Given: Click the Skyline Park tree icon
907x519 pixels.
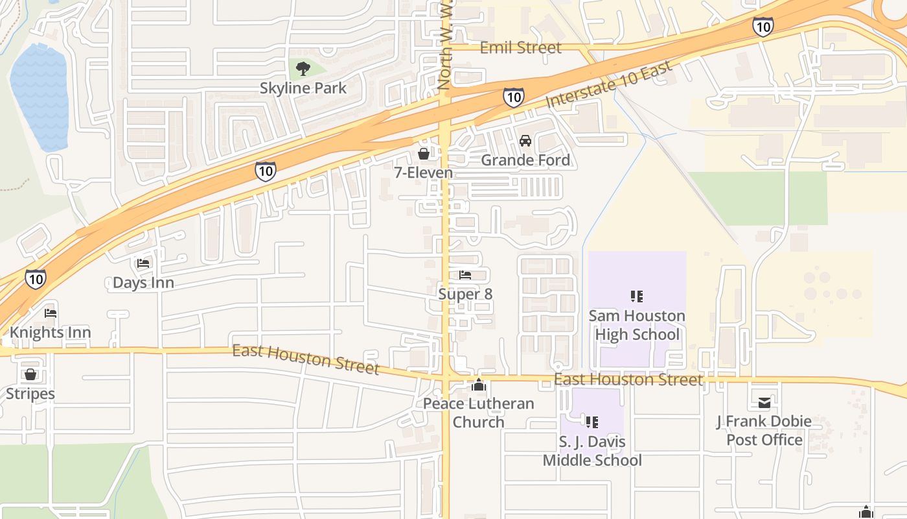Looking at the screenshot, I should point(303,68).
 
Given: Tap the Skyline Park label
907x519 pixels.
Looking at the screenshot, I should point(303,88).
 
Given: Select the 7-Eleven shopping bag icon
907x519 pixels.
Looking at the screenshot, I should point(423,154).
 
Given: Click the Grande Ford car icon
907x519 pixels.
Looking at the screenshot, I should point(525,140).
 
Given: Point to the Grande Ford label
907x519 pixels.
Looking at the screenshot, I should point(525,160).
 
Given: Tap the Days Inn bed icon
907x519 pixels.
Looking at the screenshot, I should point(143,263).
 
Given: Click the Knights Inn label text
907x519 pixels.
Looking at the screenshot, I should point(50,333).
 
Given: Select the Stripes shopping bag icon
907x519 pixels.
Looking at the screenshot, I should point(30,374).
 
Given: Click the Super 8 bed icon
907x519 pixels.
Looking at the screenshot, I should point(465,275).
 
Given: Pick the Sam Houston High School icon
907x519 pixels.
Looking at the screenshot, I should point(637,296).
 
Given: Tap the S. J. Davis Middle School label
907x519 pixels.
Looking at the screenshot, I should point(592,451).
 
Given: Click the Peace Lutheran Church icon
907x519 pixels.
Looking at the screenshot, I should point(479,385).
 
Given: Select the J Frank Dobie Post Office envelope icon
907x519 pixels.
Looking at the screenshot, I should point(764,403).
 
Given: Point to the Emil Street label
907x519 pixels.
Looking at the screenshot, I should point(520,47).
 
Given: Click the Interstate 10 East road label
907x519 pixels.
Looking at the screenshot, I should point(609,85).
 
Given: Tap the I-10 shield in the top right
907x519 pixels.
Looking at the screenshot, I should point(763,27).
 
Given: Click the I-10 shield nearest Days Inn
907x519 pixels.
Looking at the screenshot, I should point(265,171).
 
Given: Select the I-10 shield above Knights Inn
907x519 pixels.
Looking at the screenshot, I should point(36,279).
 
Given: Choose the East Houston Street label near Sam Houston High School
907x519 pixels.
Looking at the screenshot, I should point(628,380).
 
